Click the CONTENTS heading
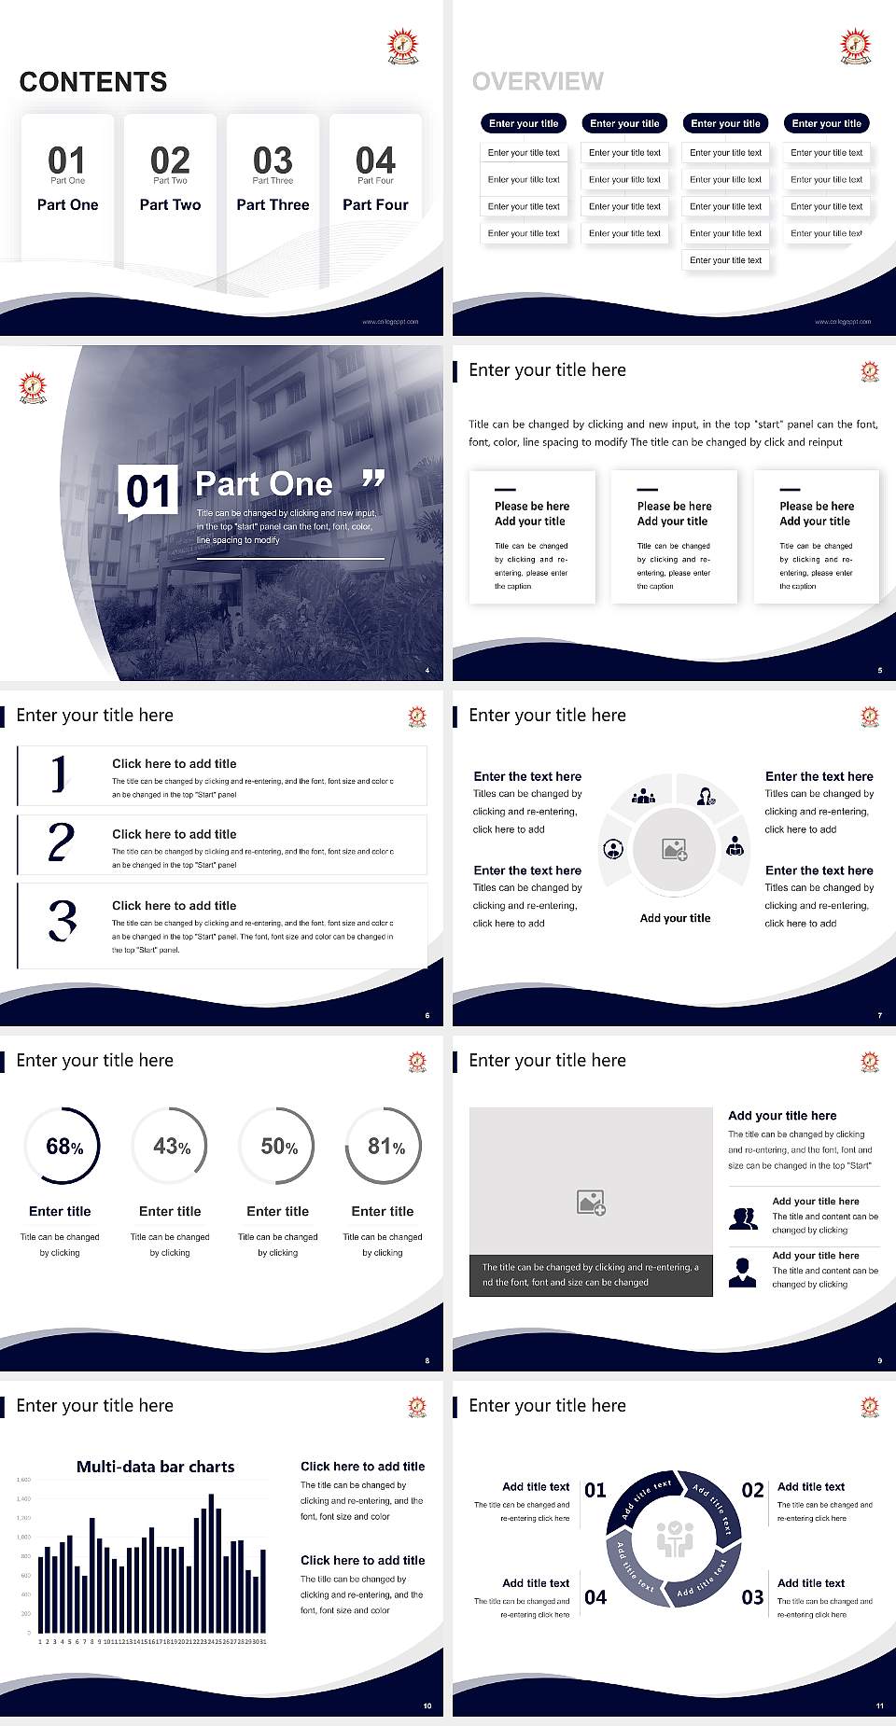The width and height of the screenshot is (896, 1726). [x=93, y=82]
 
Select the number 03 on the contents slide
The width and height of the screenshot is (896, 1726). [x=273, y=160]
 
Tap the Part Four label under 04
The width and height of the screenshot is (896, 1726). [x=375, y=204]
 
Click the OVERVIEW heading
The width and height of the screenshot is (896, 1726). [x=538, y=81]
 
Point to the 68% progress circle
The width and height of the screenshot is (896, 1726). [x=62, y=1146]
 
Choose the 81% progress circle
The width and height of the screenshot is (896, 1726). [x=384, y=1146]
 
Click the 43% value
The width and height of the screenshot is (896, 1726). [x=171, y=1147]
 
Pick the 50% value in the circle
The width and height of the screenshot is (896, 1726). [x=278, y=1147]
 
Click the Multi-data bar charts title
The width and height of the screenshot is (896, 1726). [x=156, y=1467]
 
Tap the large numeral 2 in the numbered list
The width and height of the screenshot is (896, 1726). [x=61, y=842]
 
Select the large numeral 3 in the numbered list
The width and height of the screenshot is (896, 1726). [x=63, y=921]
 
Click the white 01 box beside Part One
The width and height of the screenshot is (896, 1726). [x=147, y=491]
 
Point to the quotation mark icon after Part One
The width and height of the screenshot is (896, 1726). [x=373, y=480]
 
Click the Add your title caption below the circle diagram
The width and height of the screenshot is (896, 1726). [x=675, y=918]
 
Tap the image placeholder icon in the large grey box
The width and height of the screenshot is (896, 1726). [x=591, y=1202]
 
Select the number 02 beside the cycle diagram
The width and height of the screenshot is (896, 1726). [x=752, y=1490]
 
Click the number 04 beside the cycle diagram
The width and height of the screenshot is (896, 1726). [x=595, y=1597]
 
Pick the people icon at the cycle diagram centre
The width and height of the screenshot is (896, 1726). [x=675, y=1538]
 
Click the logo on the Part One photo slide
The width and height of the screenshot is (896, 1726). [x=34, y=387]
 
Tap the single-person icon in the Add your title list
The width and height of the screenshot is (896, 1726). [x=742, y=1272]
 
